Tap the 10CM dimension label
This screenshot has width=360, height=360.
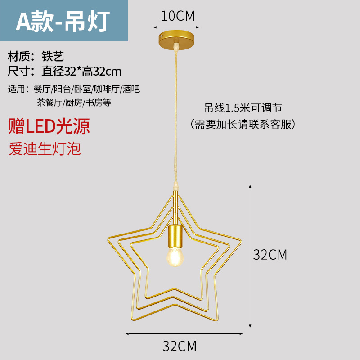[178, 16]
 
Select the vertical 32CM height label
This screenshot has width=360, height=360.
[270, 255]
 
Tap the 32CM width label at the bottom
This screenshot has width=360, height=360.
[180, 346]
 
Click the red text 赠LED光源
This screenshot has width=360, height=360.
[49, 126]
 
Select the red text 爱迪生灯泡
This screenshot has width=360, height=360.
[45, 148]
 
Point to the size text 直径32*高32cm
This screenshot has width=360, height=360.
[81, 71]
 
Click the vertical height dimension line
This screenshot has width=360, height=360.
[250, 255]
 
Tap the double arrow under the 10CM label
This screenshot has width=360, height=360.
[178, 27]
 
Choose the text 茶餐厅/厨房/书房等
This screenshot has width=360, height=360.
[74, 102]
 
